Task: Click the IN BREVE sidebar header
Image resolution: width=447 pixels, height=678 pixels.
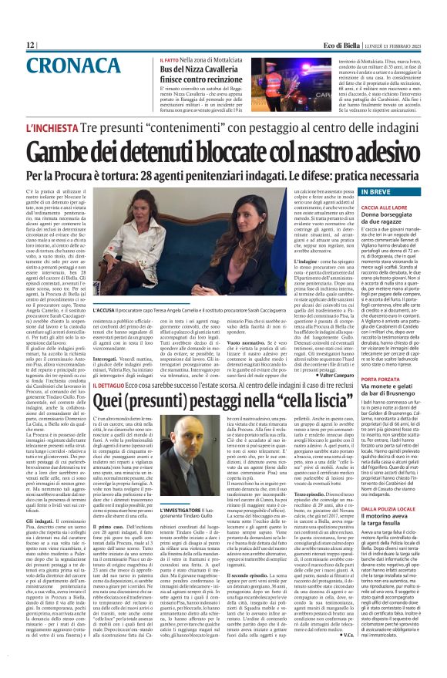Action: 371,190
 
